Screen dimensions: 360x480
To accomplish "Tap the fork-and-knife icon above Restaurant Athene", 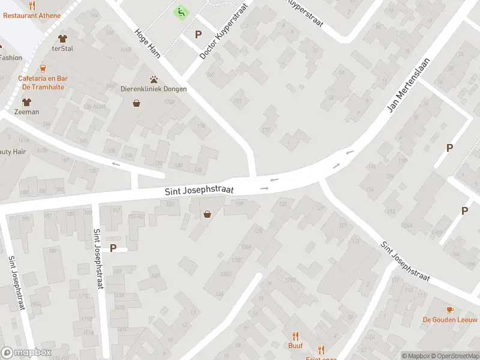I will [x=32, y=5].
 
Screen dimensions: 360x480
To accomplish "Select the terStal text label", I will [x=62, y=49].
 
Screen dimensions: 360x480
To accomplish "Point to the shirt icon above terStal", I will [x=62, y=39].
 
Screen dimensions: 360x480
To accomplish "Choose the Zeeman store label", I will [x=27, y=112].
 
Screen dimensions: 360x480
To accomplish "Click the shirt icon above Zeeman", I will [x=27, y=102].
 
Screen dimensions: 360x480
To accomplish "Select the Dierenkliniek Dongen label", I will [x=154, y=89].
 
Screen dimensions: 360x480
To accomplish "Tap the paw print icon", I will [x=154, y=79].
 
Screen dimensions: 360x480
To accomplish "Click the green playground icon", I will [x=179, y=11].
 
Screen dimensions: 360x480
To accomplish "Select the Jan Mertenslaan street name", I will [x=402, y=89].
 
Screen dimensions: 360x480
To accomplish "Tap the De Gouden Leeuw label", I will [x=446, y=319].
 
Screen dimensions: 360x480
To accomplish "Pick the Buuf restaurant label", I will [x=295, y=346].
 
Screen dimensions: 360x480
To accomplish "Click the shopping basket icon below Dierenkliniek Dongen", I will [x=137, y=103].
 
